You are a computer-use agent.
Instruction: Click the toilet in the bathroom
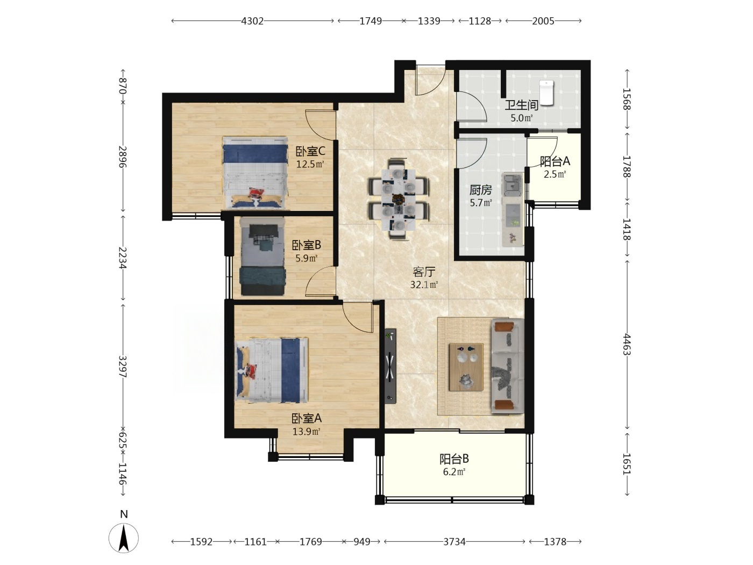coord(546,93)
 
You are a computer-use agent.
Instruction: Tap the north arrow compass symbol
coord(124,538)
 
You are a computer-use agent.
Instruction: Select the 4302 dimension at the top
coord(252,21)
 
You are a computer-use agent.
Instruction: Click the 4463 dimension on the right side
coord(627,344)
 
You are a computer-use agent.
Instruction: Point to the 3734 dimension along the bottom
coord(454,542)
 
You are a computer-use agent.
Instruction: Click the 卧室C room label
coord(310,151)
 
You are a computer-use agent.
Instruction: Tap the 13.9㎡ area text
coord(307,431)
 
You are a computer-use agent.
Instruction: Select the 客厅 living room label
coord(424,272)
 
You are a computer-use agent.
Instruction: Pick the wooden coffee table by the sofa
coord(466,367)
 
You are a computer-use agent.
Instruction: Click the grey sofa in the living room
coord(508,366)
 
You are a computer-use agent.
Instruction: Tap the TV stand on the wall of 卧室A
coord(390,366)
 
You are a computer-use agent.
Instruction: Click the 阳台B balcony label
coord(454,458)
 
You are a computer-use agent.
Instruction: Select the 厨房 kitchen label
coord(481,190)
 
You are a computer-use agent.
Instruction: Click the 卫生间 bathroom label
coord(521,105)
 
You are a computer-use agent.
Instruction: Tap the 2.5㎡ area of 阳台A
coord(555,174)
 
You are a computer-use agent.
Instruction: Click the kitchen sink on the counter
coord(513,183)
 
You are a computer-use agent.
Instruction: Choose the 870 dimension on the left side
coord(123,86)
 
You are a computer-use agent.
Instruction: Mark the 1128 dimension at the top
coord(480,21)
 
